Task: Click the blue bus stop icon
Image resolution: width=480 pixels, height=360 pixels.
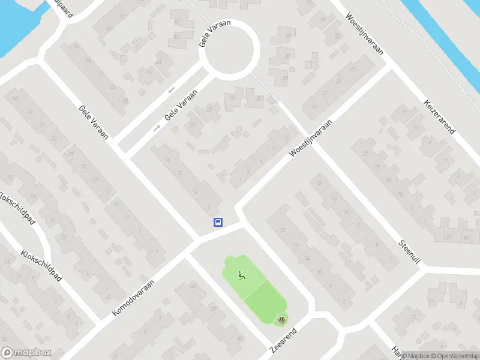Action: point(218,222)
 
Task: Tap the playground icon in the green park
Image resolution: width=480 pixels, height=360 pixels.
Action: point(242,276)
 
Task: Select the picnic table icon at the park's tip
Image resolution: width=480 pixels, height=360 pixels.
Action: point(280,320)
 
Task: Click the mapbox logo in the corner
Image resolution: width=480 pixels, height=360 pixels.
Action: point(26,353)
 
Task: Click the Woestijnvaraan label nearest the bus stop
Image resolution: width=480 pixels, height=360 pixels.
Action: point(311,137)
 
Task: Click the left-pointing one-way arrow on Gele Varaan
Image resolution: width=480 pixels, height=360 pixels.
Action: point(172,90)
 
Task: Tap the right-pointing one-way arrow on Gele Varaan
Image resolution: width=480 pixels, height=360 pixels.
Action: point(157,128)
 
